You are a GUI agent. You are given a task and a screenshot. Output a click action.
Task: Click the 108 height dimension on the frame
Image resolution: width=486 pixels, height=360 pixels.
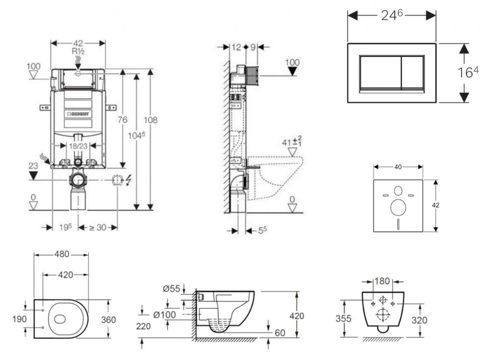[151, 120]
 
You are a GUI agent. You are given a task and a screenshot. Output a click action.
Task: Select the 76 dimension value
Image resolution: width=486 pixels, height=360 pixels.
[122, 120]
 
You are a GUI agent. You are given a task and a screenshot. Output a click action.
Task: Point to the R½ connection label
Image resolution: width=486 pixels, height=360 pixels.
[78, 51]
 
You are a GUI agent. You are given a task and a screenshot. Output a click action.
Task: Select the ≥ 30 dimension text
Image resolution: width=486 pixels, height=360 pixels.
[98, 227]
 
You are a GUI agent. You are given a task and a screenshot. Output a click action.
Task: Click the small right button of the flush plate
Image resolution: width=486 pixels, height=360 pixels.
[413, 72]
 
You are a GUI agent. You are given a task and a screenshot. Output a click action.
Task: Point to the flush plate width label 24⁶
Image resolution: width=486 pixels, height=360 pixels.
[392, 15]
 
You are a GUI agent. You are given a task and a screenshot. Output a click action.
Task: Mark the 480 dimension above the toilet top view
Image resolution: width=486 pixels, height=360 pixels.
[61, 255]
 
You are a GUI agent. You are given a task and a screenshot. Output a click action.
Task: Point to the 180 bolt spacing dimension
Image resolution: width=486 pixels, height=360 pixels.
[383, 281]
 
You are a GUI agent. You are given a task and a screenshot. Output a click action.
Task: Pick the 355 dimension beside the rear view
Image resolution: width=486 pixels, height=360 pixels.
[344, 318]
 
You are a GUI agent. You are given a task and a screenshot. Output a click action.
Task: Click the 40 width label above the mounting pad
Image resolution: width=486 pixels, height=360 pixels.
[398, 167]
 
